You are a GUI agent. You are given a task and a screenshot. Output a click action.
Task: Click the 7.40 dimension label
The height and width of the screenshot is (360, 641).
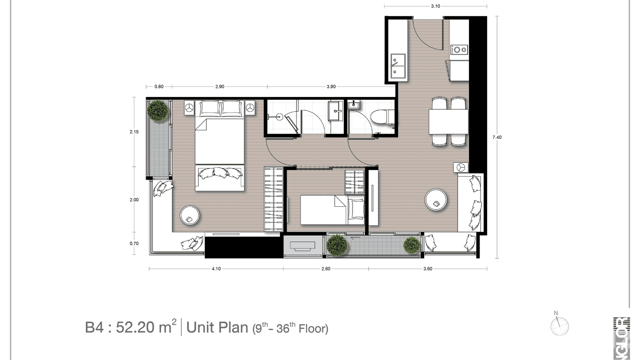[x=497, y=137]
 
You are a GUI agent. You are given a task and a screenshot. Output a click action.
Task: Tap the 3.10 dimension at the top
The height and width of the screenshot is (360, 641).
[x=435, y=6]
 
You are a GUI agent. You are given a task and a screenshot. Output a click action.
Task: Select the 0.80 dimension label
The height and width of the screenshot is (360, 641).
[x=159, y=86]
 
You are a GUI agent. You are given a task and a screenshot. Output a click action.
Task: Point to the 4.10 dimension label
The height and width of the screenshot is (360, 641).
[x=216, y=269]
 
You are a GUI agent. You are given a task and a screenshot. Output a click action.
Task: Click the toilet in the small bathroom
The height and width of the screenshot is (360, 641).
[x=382, y=116]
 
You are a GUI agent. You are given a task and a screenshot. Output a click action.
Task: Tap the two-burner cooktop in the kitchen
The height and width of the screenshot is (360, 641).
[x=460, y=49]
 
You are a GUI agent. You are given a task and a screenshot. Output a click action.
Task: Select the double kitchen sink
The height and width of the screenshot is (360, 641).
[x=398, y=66]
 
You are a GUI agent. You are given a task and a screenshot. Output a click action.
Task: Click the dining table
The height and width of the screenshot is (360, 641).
[x=448, y=122]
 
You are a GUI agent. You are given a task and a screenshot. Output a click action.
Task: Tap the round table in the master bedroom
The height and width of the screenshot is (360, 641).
[x=191, y=216]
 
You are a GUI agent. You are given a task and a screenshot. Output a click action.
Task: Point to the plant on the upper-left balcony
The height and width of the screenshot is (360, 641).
[x=158, y=111]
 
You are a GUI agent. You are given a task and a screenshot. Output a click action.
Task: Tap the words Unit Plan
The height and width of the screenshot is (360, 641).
[x=216, y=328]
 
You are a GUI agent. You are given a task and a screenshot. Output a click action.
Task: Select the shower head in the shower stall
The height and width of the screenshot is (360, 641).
[x=277, y=116]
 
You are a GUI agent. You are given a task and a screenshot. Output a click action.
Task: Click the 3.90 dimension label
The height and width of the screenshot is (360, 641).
[x=331, y=86]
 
